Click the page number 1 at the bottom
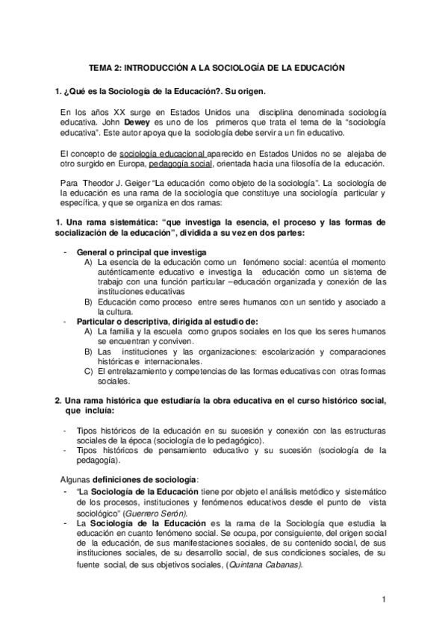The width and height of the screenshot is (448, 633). [383, 599]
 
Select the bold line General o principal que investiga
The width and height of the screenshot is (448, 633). [141, 253]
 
